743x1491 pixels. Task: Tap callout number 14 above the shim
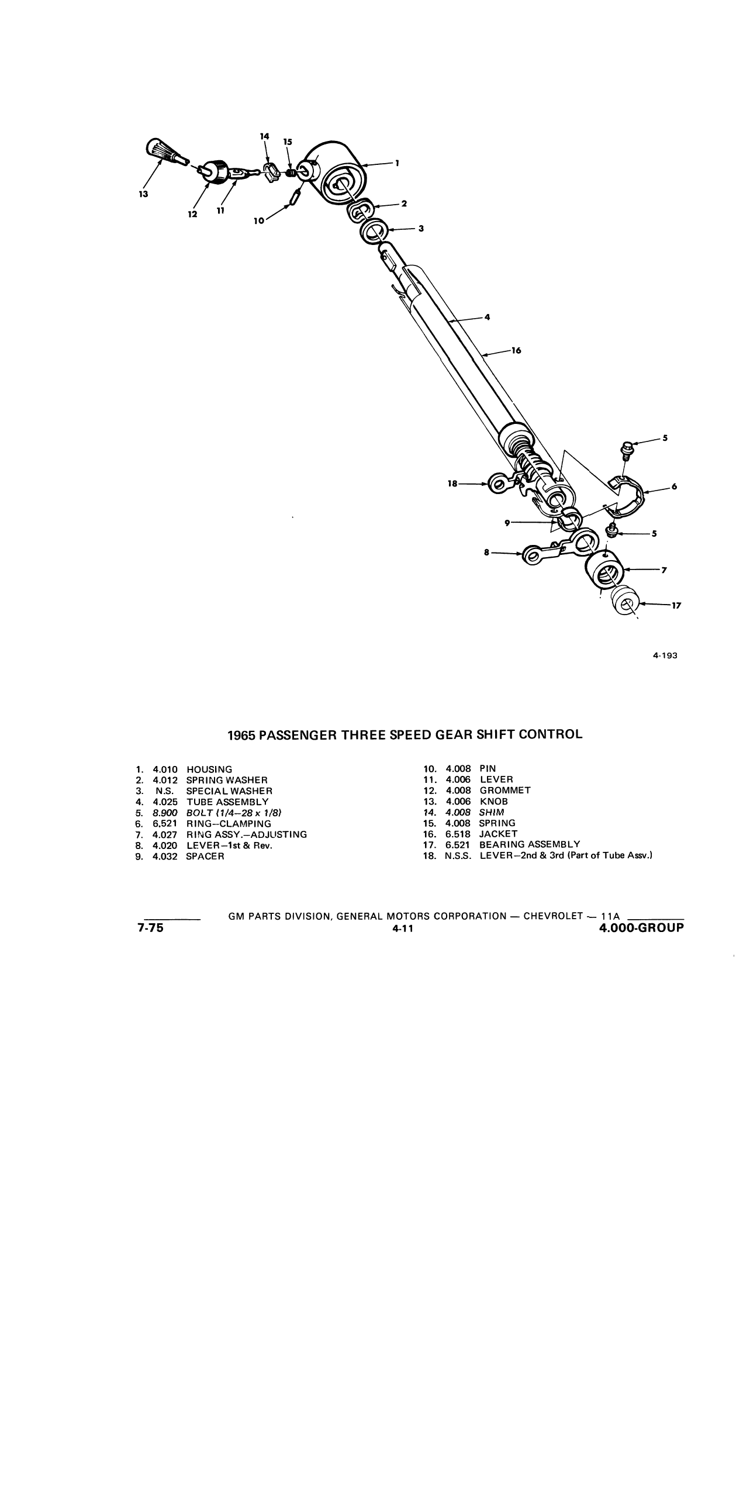pos(264,136)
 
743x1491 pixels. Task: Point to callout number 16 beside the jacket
pos(516,351)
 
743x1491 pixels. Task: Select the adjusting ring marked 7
pos(603,569)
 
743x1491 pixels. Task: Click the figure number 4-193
pos(665,655)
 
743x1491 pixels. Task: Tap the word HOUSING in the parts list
pos(209,769)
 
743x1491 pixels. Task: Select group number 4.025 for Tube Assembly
pos(165,802)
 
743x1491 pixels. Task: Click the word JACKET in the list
pos(499,834)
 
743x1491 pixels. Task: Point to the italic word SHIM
pos(492,812)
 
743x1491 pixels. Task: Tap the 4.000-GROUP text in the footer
pos(642,928)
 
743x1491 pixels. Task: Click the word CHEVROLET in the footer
pos(553,916)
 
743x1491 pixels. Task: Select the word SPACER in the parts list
pos(205,857)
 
